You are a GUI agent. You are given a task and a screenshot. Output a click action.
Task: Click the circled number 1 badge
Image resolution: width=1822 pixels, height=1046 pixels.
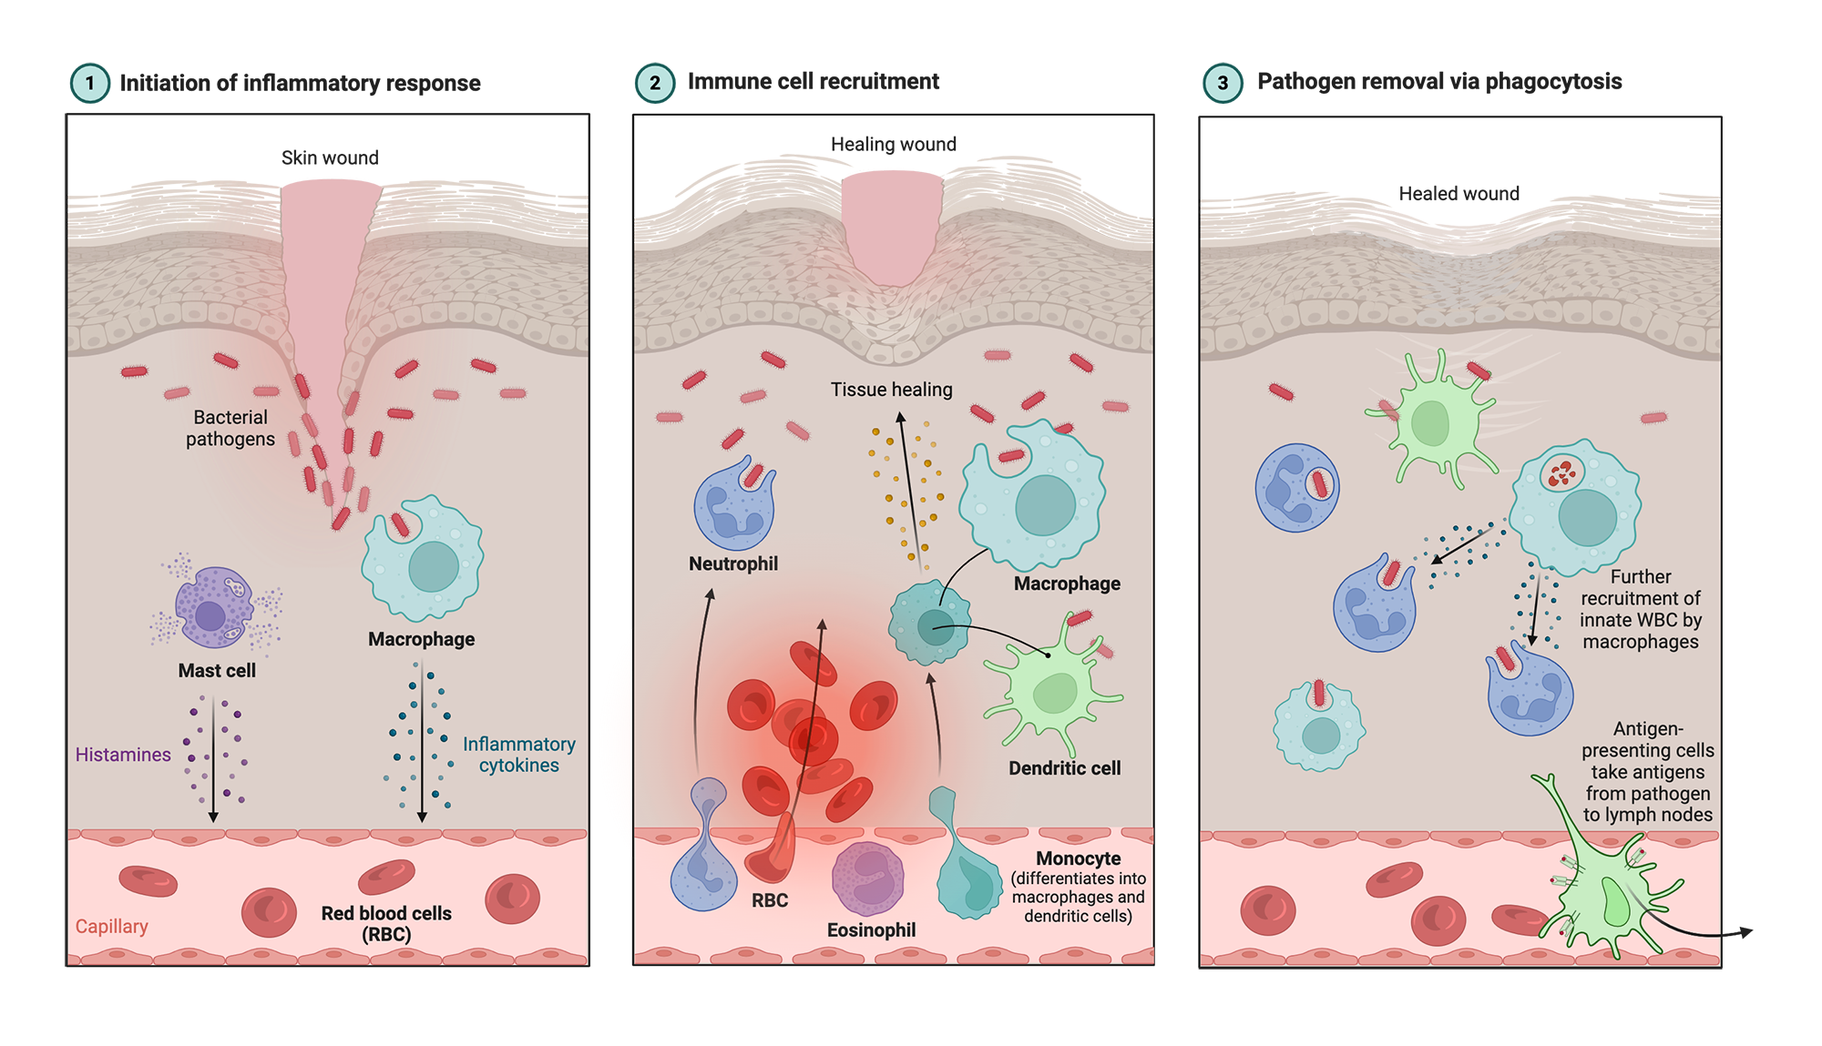coord(89,83)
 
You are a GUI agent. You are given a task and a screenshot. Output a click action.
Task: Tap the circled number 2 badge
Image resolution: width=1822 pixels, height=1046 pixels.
coord(654,83)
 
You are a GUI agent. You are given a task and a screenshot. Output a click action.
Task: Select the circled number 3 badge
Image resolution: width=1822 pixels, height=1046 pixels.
coord(1223,83)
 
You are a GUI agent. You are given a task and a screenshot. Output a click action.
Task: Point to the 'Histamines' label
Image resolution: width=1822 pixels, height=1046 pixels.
coord(123,755)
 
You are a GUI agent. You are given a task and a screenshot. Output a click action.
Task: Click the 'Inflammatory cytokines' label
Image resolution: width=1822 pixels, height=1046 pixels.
coord(519,755)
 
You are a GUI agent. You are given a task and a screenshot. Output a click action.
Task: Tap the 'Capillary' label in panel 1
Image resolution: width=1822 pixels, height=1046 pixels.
coord(111,926)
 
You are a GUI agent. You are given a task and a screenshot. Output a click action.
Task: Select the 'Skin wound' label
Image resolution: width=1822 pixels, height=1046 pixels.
coord(330,157)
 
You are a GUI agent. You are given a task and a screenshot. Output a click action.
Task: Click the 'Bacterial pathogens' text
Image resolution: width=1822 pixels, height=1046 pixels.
coord(230,428)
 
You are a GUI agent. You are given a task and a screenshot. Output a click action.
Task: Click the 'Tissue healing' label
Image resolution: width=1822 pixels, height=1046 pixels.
coord(891,390)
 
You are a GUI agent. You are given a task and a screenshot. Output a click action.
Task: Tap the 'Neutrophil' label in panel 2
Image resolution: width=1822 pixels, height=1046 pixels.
coord(733,564)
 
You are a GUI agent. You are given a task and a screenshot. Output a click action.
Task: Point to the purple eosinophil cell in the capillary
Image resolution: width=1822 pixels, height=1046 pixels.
coord(868,878)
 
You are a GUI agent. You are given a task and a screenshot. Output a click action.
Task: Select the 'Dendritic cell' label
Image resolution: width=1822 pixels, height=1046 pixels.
coord(1064,768)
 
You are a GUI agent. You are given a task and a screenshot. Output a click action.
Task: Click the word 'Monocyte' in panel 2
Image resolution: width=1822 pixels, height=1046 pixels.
coord(1079,858)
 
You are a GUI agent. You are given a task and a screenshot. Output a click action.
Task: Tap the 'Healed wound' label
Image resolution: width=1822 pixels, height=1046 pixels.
coord(1459,193)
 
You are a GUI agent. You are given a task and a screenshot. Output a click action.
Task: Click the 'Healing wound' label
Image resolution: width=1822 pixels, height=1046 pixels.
coord(893,144)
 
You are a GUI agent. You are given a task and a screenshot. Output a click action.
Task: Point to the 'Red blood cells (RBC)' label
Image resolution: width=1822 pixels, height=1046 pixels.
coord(386,923)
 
